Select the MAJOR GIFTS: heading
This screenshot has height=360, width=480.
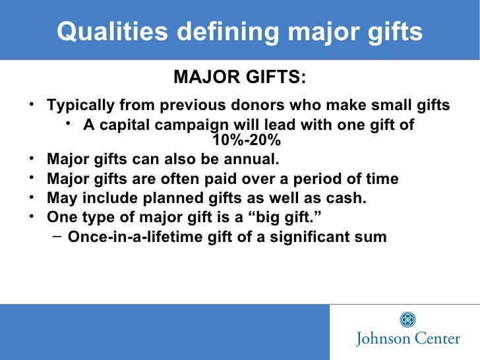[239, 78]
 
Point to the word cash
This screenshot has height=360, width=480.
[345, 198]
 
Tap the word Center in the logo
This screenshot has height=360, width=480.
[436, 339]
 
